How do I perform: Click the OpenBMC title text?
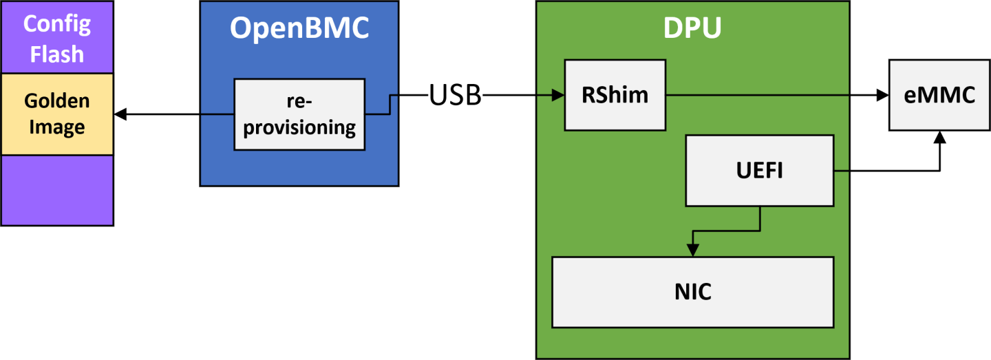click(299, 28)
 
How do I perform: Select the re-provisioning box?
click(299, 114)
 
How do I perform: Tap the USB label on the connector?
click(455, 96)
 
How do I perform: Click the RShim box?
click(615, 95)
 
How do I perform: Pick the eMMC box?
click(939, 95)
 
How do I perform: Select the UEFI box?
click(759, 170)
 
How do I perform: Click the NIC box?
click(692, 292)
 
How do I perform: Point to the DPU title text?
click(692, 28)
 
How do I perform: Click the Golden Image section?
click(57, 114)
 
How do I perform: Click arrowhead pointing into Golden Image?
click(120, 114)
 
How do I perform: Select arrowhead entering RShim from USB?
click(558, 96)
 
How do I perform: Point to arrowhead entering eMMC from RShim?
click(882, 96)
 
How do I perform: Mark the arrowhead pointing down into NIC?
click(692, 251)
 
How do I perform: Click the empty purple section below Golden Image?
click(57, 190)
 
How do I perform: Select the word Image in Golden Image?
click(57, 127)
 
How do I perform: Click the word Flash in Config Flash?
click(57, 53)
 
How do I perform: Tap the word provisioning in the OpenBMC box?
click(299, 128)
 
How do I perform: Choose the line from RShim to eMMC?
click(771, 96)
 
